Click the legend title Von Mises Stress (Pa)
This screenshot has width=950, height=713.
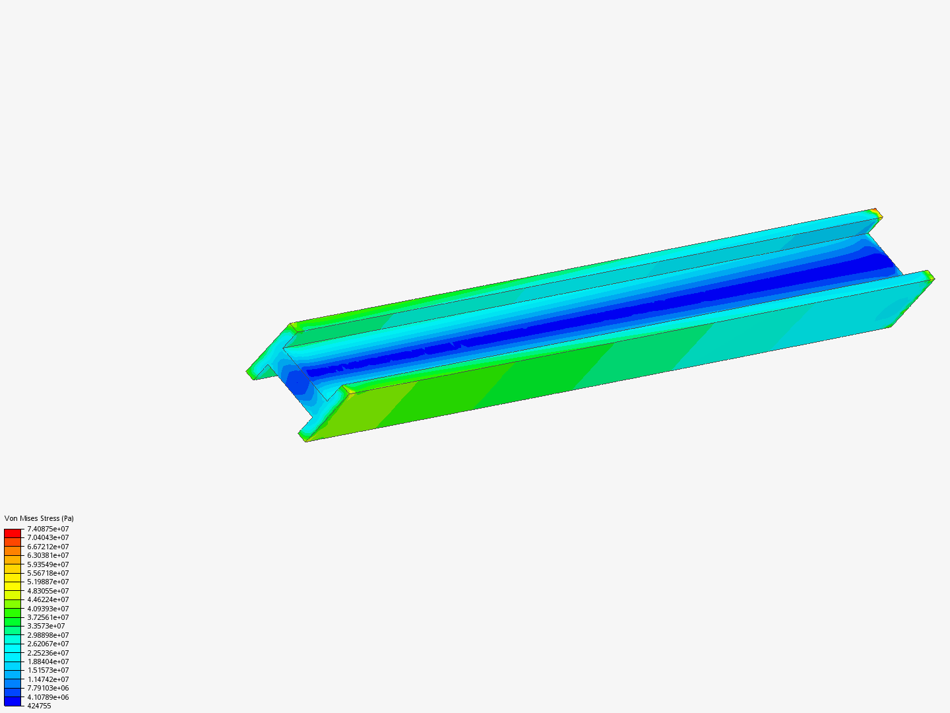[x=39, y=518]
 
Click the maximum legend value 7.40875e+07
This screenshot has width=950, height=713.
[x=47, y=529]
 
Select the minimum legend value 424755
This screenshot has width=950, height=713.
[x=39, y=706]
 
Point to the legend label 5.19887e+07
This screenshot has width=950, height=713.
[x=47, y=582]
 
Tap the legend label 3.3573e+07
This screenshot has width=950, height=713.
[x=46, y=626]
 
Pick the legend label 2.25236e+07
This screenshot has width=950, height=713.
[x=47, y=652]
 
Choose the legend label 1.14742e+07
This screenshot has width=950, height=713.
[x=47, y=679]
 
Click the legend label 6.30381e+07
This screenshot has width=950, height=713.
[x=47, y=555]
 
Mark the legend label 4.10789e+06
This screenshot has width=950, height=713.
[x=47, y=697]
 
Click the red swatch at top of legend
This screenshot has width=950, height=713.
[x=13, y=533]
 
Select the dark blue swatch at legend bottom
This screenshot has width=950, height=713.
[x=13, y=701]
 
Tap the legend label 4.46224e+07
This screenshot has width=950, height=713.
[x=47, y=599]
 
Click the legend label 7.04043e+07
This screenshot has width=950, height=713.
[x=47, y=537]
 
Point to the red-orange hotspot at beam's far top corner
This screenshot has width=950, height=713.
[x=875, y=212]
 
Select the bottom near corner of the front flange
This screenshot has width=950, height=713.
[x=305, y=440]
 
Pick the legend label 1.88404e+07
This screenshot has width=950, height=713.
[x=47, y=662]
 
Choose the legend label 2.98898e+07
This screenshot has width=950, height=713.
[x=47, y=635]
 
